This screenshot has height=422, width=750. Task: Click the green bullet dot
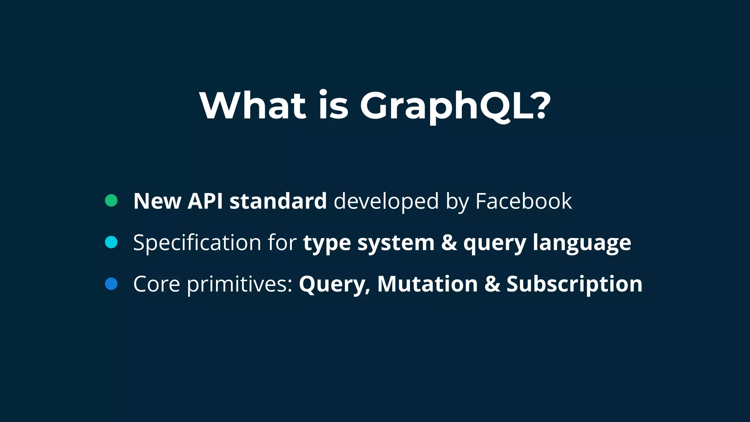pyautogui.click(x=111, y=200)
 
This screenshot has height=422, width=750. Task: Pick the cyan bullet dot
pyautogui.click(x=111, y=242)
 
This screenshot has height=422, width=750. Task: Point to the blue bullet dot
pyautogui.click(x=111, y=284)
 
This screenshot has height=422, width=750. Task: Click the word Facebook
pyautogui.click(x=523, y=201)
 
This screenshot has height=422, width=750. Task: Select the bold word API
pyautogui.click(x=205, y=201)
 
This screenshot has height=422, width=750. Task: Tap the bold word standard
pyautogui.click(x=278, y=201)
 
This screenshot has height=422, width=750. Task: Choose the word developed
pyautogui.click(x=386, y=202)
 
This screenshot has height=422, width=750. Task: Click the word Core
pyautogui.click(x=157, y=284)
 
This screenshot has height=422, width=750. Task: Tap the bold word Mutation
pyautogui.click(x=427, y=284)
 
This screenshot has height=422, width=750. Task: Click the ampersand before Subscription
pyautogui.click(x=492, y=284)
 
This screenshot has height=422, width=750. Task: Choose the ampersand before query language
pyautogui.click(x=449, y=243)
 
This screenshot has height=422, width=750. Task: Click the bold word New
pyautogui.click(x=157, y=201)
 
